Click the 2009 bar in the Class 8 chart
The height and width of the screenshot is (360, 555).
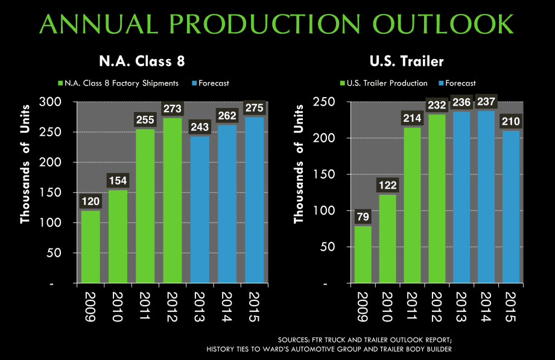coord(90,246)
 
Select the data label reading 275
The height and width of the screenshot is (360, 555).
coord(255,107)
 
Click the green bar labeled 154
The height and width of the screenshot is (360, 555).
coord(118,236)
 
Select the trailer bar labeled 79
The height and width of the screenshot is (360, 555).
coord(364,254)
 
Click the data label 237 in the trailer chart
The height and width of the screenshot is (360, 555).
coord(484,101)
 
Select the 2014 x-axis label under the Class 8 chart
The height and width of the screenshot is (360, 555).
coord(229,306)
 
